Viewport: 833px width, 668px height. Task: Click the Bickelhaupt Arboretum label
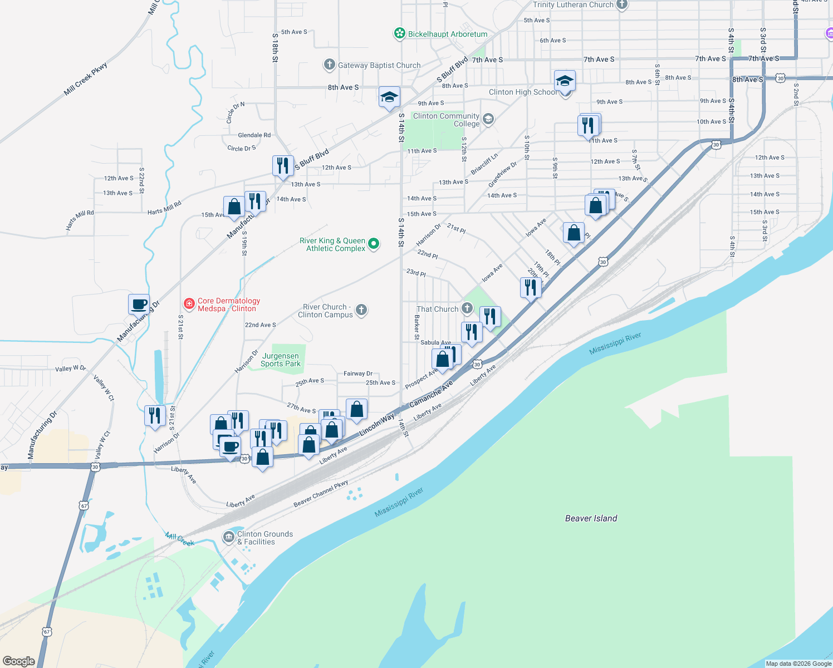tap(447, 34)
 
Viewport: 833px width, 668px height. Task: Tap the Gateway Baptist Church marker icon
tap(329, 65)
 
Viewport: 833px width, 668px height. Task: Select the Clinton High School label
tap(522, 92)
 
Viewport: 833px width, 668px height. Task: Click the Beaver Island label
tap(591, 518)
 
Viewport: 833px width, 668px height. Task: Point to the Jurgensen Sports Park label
tap(281, 360)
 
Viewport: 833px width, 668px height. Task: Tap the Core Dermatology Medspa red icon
tap(189, 304)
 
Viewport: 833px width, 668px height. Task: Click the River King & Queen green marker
tap(374, 243)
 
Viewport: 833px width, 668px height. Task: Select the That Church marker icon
tap(467, 308)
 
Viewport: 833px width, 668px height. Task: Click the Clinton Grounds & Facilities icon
tap(228, 537)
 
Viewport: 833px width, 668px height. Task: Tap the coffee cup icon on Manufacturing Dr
tap(139, 304)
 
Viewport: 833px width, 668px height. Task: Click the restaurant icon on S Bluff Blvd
tap(283, 165)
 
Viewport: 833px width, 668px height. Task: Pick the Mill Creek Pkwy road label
tap(85, 79)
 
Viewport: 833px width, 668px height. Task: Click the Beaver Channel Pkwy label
tap(321, 494)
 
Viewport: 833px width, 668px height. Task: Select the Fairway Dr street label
tap(358, 374)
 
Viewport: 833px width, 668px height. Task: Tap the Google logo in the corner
tap(18, 661)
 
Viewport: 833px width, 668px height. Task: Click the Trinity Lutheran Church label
tap(573, 5)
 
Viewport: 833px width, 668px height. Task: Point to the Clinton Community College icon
tap(488, 120)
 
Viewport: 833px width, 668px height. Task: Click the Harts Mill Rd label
tap(164, 208)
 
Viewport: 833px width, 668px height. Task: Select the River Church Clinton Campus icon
tap(361, 310)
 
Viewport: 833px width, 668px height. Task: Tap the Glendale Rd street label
tap(254, 135)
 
